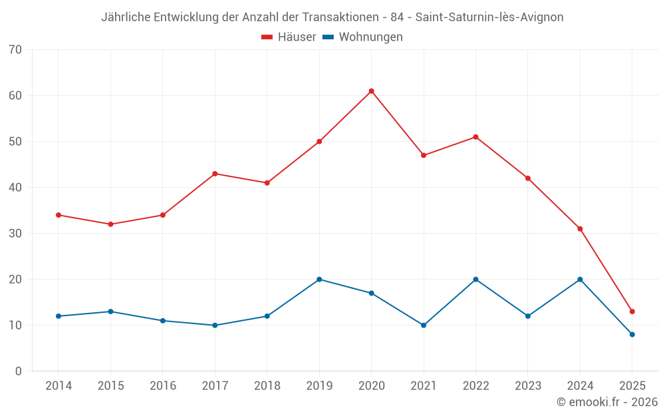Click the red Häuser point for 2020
371,91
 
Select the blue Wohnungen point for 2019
319,280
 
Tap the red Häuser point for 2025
632,312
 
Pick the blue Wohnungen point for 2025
632,334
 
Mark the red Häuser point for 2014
59,215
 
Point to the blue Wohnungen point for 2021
424,325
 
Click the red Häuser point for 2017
215,174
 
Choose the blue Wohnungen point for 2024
580,280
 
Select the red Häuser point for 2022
475,137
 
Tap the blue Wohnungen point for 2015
110,312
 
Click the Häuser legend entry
289,37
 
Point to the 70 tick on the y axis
15,50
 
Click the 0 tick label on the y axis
19,371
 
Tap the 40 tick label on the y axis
15,188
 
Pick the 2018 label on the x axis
267,386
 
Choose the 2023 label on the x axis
527,386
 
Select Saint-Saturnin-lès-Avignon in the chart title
489,17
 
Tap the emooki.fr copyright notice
606,402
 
